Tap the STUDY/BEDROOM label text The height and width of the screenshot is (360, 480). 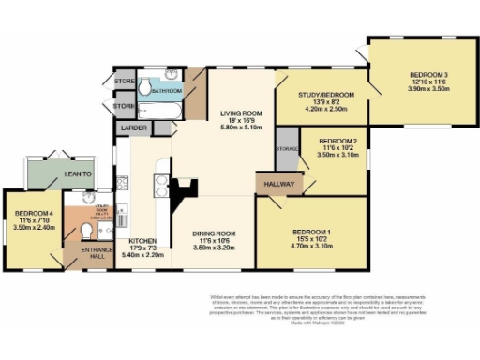point(325,95)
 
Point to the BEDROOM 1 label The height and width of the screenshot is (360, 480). point(312,232)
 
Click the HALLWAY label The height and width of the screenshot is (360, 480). point(278,184)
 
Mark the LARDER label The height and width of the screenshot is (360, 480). point(130,127)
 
